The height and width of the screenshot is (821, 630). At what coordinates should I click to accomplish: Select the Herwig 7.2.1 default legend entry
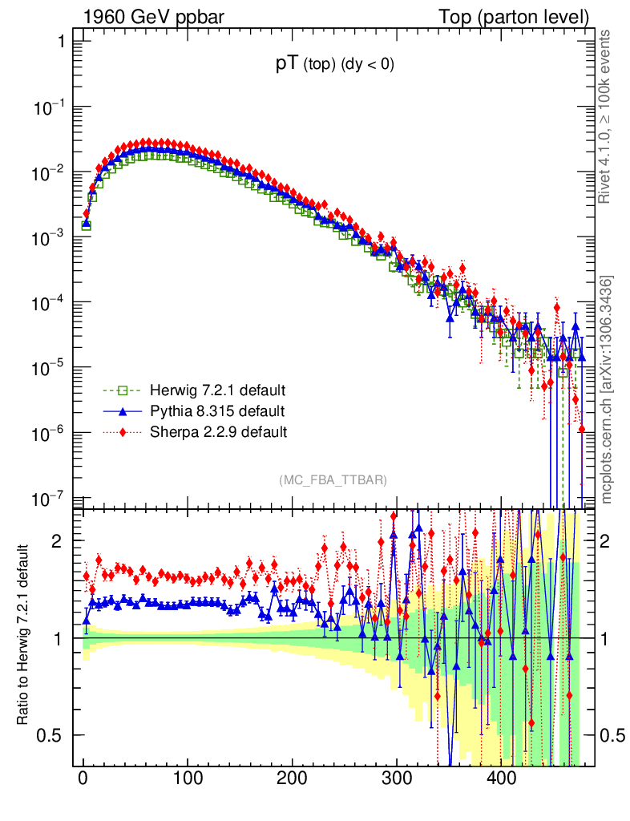pos(216,391)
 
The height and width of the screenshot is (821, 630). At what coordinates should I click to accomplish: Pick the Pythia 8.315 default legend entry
pos(216,412)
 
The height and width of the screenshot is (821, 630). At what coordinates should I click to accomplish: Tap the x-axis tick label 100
pos(188,779)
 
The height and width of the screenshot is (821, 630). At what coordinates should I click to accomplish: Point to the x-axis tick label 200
pos(292,779)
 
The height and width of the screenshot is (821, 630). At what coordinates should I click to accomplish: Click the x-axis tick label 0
pos(83,779)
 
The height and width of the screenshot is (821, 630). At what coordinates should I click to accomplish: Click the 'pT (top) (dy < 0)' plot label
pos(334,66)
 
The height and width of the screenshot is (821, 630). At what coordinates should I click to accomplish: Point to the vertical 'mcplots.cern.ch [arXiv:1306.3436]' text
pos(607,389)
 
